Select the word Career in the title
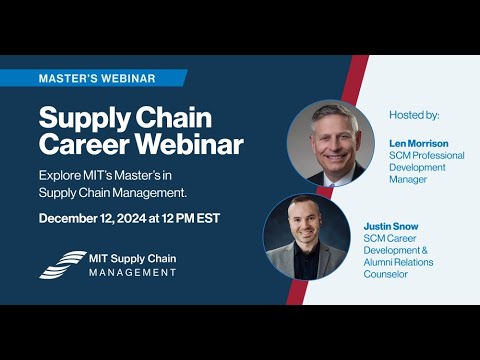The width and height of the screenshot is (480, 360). tap(81, 144)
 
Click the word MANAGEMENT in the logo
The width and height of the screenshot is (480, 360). tap(128, 272)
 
